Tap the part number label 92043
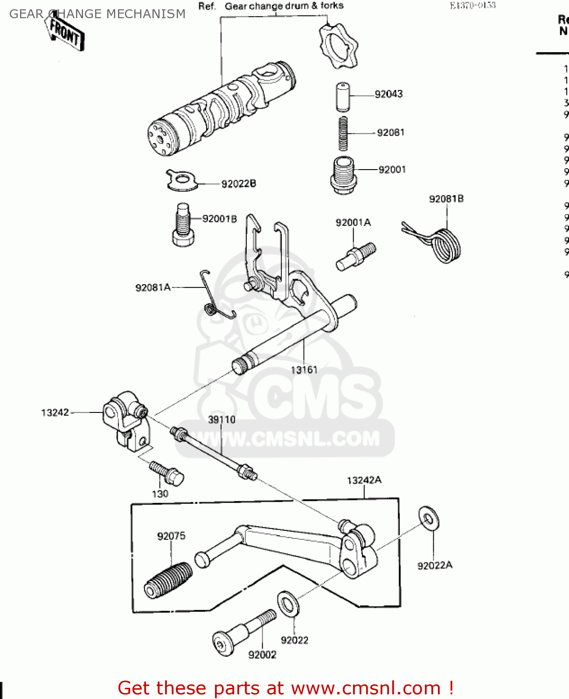point(389,94)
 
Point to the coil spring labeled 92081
point(343,133)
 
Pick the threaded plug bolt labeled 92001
point(343,175)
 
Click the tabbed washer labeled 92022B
point(181,180)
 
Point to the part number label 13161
point(304,370)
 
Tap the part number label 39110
point(222,420)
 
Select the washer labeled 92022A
point(428,518)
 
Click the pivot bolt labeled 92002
point(243,632)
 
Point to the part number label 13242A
point(364,480)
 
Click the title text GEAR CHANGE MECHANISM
point(97,14)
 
